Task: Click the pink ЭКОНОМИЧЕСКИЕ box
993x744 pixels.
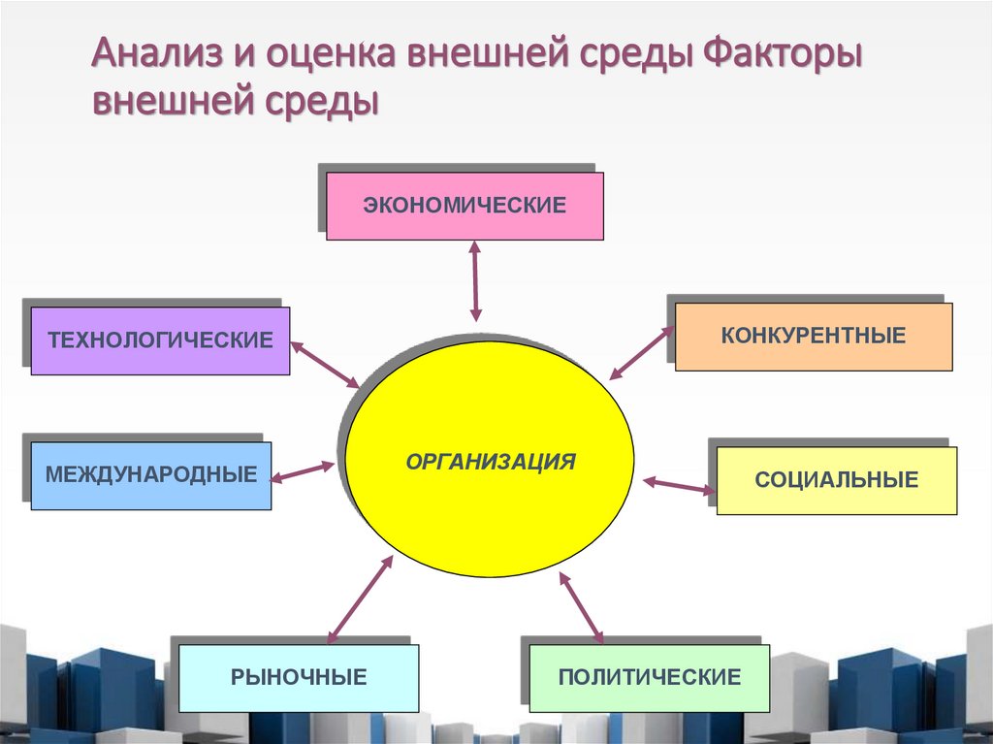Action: [464, 206]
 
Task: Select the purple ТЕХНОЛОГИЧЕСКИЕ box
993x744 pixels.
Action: [160, 340]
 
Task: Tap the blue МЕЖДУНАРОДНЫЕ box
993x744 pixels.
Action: [151, 475]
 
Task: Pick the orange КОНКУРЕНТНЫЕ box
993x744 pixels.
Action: [813, 337]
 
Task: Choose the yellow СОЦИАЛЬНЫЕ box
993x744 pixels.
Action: [836, 480]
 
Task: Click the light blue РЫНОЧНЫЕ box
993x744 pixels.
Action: [299, 677]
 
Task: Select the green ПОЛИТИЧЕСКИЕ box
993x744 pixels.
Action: [649, 677]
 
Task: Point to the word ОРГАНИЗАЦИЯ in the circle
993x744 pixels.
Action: [491, 461]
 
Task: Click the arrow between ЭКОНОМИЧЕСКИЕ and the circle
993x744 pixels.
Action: [475, 281]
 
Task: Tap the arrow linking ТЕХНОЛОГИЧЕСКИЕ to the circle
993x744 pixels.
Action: [324, 364]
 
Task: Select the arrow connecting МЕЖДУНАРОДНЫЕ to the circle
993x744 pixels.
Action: [302, 472]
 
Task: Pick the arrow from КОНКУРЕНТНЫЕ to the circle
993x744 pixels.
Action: [641, 353]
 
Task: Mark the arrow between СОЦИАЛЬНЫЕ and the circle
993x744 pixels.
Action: [679, 484]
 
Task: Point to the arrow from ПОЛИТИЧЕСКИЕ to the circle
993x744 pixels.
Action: [581, 606]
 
